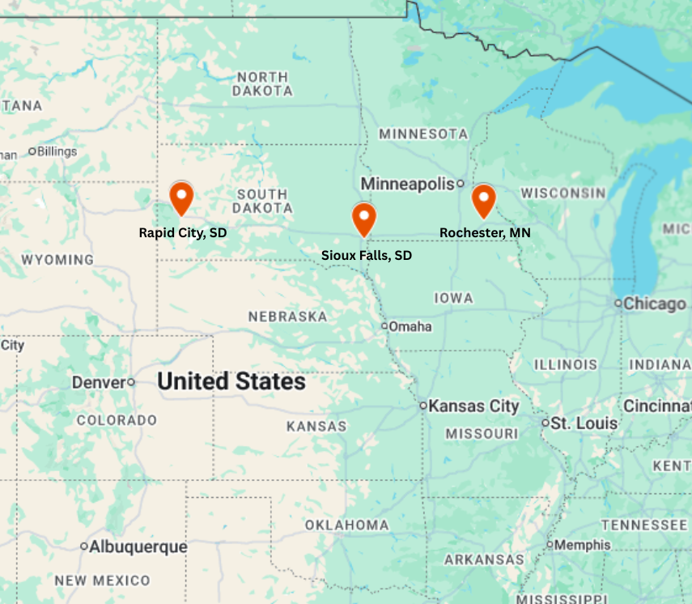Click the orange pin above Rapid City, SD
(181, 197)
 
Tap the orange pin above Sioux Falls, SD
(364, 217)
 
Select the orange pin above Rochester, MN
(484, 198)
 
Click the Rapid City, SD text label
(183, 232)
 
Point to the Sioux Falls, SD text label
(367, 255)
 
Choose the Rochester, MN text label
(485, 232)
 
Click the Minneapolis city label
(407, 185)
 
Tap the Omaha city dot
(385, 326)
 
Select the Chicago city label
(655, 304)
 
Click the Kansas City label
(473, 406)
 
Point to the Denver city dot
(131, 382)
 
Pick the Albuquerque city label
(138, 547)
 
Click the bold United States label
(231, 381)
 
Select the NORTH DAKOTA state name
(262, 84)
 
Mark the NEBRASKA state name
(287, 317)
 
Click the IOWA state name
(453, 298)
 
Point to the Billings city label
(57, 151)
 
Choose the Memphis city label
(582, 545)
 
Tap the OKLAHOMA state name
(346, 525)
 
